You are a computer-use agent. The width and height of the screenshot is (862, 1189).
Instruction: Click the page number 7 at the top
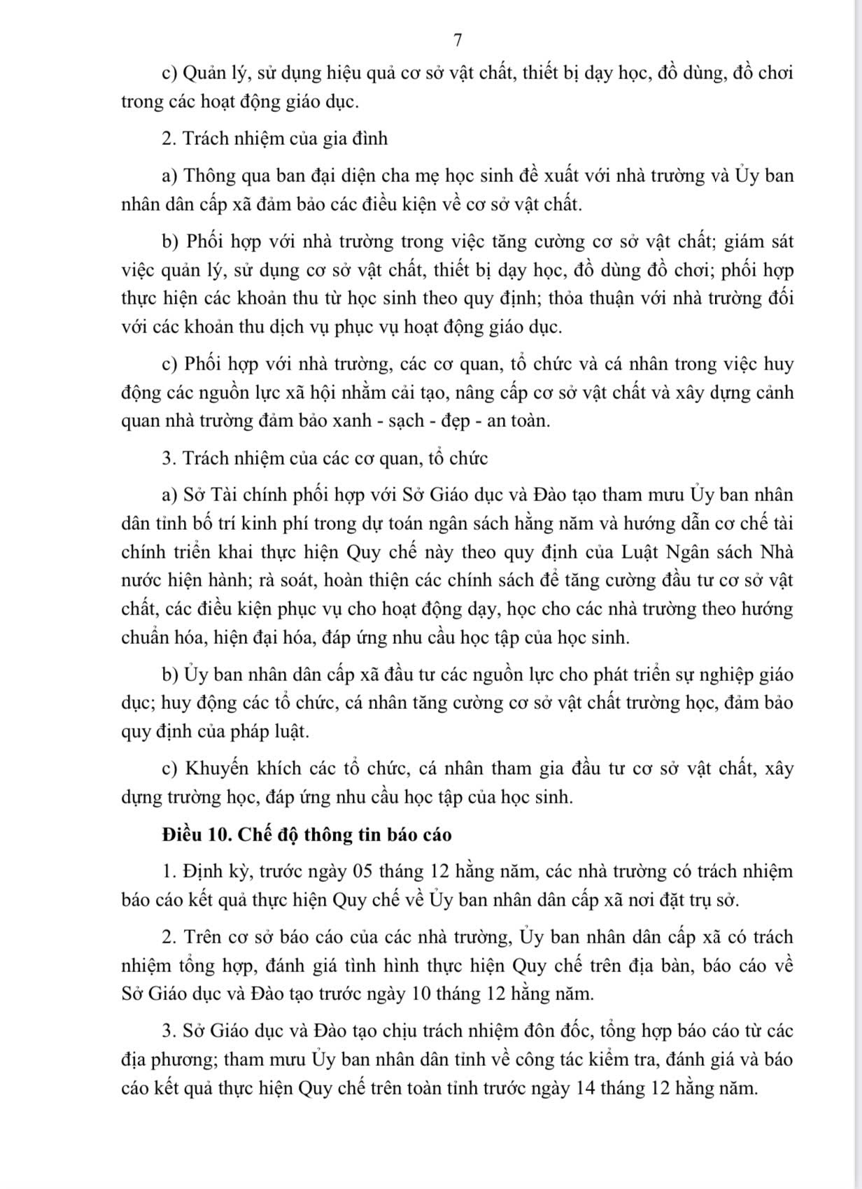pyautogui.click(x=458, y=41)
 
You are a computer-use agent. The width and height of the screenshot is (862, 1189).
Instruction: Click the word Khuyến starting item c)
pyautogui.click(x=217, y=768)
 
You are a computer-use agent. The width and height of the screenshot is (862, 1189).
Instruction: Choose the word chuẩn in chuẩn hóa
pyautogui.click(x=146, y=638)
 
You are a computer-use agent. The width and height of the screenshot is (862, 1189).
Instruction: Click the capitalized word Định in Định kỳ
pyautogui.click(x=202, y=871)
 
